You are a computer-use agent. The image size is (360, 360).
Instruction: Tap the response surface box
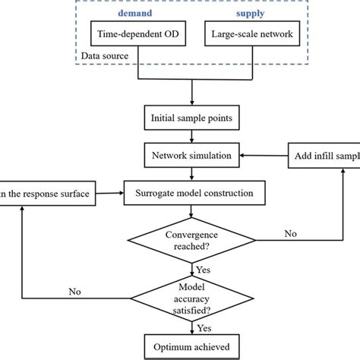pyautogui.click(x=46, y=194)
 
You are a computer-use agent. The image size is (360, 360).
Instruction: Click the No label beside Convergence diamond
pyautogui.click(x=291, y=233)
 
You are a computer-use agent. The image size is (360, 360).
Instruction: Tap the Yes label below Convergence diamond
pyautogui.click(x=204, y=270)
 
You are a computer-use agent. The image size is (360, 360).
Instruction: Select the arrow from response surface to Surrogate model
pyautogui.click(x=109, y=194)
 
